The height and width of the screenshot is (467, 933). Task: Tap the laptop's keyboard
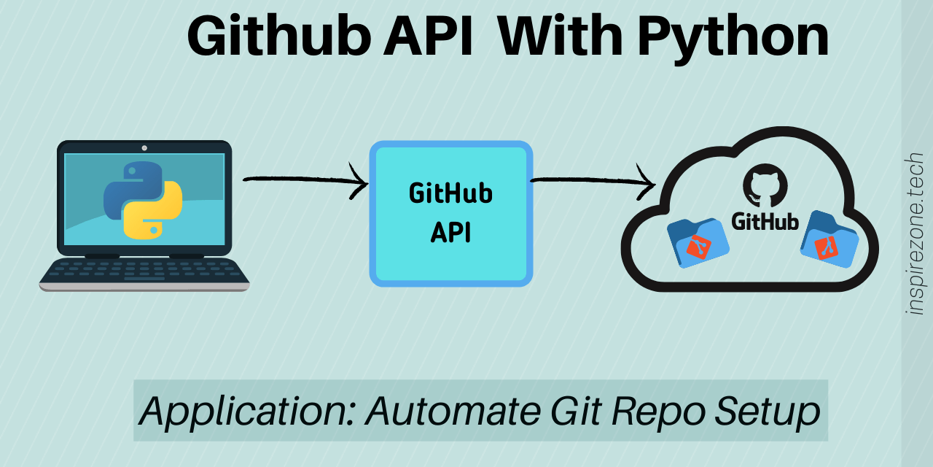[x=144, y=271]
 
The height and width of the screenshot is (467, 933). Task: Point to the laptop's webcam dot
[x=144, y=147]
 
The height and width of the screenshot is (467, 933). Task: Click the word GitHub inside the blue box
[x=450, y=194]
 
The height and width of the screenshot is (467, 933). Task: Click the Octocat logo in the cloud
[x=765, y=185]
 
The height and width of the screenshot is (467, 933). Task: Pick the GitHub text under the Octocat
[x=765, y=221]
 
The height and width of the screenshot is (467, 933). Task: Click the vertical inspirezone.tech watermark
[x=916, y=233]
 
